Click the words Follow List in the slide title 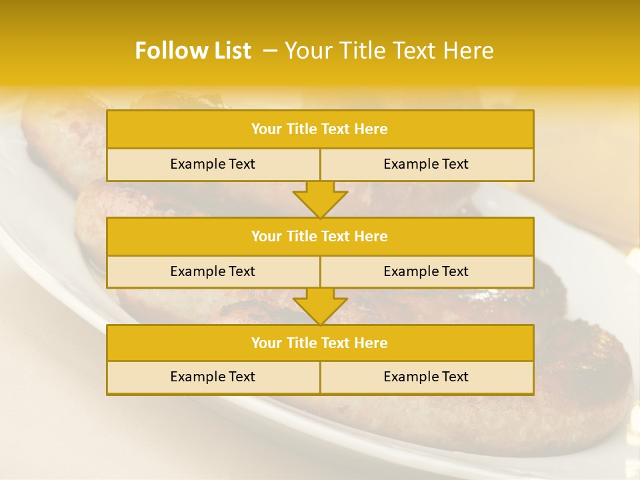[x=193, y=51]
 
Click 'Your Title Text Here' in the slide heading [x=389, y=51]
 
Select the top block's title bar [x=320, y=129]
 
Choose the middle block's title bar [x=320, y=237]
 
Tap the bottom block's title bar [x=320, y=343]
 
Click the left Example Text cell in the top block [x=213, y=165]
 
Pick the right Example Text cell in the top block [x=426, y=165]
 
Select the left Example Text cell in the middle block [x=213, y=272]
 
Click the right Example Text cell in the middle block [x=426, y=272]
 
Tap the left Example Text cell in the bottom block [x=213, y=377]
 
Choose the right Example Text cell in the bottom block [x=426, y=377]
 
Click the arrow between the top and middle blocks [x=320, y=200]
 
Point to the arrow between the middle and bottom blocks [x=320, y=307]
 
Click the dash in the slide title [x=270, y=51]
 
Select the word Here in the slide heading [x=470, y=51]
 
